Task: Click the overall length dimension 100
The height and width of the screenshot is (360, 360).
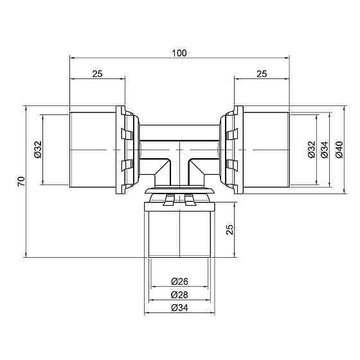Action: click(x=179, y=53)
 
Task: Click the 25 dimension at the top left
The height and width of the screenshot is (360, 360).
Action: click(x=97, y=74)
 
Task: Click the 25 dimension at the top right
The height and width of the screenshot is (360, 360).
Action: click(x=262, y=74)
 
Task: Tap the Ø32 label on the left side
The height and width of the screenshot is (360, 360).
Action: click(x=37, y=149)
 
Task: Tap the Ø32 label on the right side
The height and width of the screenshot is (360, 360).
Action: click(x=311, y=149)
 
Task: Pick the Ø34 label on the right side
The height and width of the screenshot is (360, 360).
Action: click(x=325, y=149)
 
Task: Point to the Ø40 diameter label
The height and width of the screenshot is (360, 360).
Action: click(x=339, y=149)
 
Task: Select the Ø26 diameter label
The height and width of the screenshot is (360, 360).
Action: click(x=179, y=281)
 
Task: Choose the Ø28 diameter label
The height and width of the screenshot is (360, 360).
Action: click(x=179, y=294)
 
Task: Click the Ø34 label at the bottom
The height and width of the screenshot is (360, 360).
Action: click(x=179, y=309)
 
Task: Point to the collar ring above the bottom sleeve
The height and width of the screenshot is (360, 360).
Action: click(x=179, y=192)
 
